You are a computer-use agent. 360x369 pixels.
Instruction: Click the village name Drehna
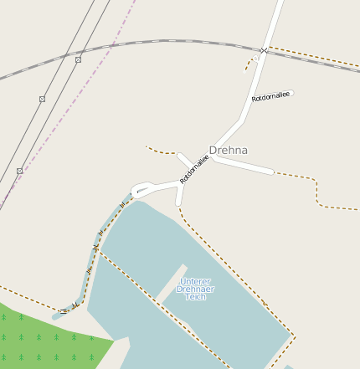(x=228, y=151)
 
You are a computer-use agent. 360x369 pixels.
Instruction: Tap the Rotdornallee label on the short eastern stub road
(x=270, y=97)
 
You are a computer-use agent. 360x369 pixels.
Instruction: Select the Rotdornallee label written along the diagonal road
(x=193, y=169)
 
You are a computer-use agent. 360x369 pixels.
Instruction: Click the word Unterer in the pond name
(x=195, y=281)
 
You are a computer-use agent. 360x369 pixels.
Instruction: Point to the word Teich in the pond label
(x=195, y=297)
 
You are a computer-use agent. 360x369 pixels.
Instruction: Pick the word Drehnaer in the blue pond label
(x=195, y=289)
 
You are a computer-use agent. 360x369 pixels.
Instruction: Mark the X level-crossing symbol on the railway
(x=263, y=51)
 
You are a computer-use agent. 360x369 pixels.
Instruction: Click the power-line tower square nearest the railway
(x=78, y=59)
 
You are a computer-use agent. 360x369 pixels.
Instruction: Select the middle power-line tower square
(x=42, y=99)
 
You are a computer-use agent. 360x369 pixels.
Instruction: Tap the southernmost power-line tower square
(x=19, y=171)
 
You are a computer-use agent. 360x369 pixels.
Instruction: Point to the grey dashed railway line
(x=167, y=40)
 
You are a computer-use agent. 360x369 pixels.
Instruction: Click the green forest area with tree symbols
(x=42, y=339)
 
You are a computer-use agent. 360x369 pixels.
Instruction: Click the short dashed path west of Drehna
(x=161, y=151)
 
